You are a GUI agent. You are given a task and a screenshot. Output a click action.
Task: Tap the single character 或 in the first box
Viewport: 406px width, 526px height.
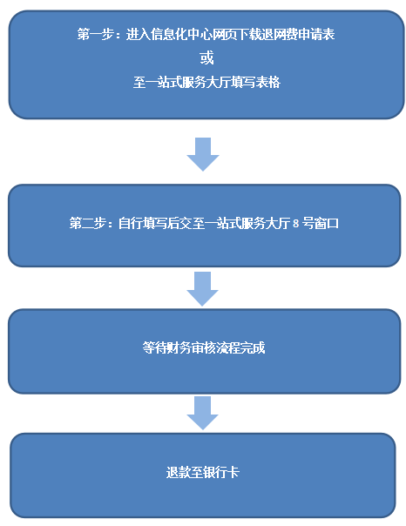click(x=206, y=58)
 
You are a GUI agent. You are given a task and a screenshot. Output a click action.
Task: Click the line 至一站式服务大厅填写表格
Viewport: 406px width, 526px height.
click(x=206, y=82)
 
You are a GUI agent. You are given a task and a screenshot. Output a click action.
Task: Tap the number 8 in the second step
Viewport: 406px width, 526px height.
click(x=295, y=224)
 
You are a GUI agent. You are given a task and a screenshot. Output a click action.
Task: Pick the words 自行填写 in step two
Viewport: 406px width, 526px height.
click(x=142, y=223)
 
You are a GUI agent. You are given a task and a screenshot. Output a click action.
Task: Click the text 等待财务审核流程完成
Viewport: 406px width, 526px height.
click(x=203, y=347)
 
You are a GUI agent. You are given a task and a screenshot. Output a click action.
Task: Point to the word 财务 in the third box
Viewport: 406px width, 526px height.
click(x=179, y=347)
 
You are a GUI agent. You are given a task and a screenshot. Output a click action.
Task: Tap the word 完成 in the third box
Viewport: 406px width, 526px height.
click(x=253, y=347)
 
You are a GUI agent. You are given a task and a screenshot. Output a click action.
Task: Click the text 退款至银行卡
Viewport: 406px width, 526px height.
click(x=202, y=472)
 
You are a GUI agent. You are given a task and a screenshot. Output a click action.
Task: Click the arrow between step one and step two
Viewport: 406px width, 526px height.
click(x=203, y=154)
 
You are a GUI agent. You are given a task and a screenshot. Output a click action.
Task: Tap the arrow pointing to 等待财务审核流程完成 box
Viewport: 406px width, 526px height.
click(x=202, y=289)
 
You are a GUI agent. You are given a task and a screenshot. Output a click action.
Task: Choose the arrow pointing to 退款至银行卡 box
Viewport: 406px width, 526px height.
click(x=202, y=413)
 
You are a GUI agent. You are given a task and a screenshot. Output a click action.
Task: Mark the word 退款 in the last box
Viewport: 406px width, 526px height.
click(x=179, y=472)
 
